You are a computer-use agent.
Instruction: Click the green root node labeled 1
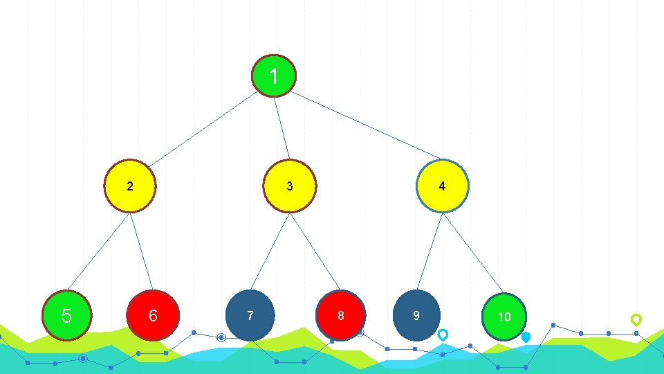point(274,76)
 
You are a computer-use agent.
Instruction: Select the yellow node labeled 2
point(130,186)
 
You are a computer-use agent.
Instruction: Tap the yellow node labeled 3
point(290,186)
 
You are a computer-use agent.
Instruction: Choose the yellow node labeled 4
point(443,186)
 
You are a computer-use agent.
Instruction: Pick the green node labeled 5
point(66,316)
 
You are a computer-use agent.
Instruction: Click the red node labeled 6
point(153,316)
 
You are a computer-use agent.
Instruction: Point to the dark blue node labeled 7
point(250,316)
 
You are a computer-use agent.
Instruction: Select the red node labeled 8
point(340,316)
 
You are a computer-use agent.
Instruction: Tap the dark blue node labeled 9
point(416,316)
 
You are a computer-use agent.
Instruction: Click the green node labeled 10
point(505,317)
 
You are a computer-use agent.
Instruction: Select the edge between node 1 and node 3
point(282,128)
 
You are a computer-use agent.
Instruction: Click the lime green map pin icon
point(636,319)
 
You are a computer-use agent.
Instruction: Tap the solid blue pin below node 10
point(526,337)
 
